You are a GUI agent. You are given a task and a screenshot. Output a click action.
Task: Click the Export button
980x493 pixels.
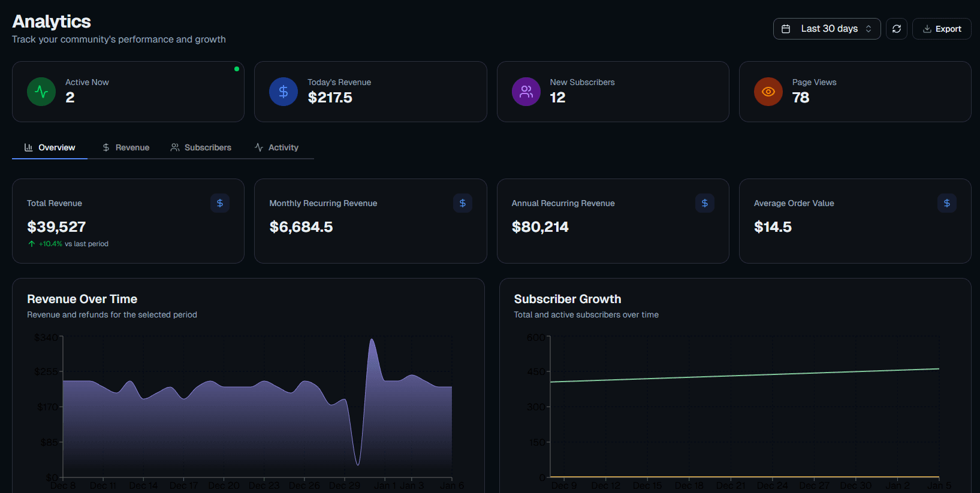[942, 29]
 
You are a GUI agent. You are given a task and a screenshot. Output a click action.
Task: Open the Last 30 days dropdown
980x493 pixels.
[827, 29]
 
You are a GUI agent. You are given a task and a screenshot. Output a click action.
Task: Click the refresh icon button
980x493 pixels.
[896, 29]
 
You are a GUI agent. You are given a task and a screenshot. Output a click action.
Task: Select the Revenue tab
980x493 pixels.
[126, 147]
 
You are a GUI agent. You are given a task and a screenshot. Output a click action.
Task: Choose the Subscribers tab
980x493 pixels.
[201, 147]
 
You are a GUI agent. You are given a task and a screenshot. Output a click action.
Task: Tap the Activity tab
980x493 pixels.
[276, 147]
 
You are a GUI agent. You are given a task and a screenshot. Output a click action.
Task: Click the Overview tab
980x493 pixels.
[50, 147]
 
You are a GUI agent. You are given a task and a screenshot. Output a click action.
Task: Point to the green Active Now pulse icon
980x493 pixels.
[41, 92]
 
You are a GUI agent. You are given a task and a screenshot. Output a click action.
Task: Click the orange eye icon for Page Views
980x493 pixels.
[768, 92]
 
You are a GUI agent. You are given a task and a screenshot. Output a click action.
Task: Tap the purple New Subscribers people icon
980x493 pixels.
[526, 92]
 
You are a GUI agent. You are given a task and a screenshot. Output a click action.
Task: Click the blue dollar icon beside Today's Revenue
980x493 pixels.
[284, 92]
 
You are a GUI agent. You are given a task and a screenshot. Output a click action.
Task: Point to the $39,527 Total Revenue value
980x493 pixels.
[56, 227]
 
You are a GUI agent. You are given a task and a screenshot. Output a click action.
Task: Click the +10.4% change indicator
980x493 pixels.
[50, 244]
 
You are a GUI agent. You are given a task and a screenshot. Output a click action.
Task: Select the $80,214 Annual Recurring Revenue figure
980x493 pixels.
[540, 227]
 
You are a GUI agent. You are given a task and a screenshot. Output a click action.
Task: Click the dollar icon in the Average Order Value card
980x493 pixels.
[946, 203]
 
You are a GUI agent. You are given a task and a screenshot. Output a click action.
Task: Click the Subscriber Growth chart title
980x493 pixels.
[567, 299]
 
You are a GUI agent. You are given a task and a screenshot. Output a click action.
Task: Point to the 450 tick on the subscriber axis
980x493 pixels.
[536, 372]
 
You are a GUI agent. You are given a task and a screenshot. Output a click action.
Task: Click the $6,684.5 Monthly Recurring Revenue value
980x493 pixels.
[301, 227]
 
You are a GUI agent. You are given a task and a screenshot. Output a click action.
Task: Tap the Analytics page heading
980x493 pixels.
[52, 22]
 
